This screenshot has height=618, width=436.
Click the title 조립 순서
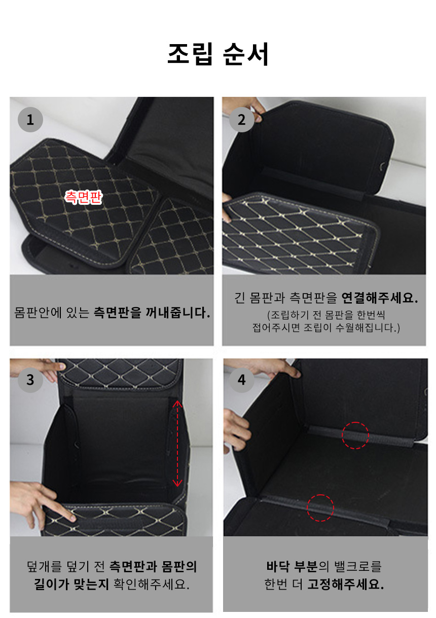pos(218,54)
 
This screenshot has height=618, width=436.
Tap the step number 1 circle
pos(30,120)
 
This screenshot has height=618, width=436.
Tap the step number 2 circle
pos(242,120)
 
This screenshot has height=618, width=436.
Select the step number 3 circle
pos(30,380)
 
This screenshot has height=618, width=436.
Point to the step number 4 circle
pos(242,380)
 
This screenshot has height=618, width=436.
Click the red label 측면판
pos(83,197)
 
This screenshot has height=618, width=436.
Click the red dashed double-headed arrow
pos(177,444)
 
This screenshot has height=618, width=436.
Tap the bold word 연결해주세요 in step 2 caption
pos(380,298)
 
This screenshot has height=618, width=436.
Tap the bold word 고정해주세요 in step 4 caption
pos(345,584)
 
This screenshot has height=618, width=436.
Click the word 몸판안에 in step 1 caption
pos(38,313)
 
